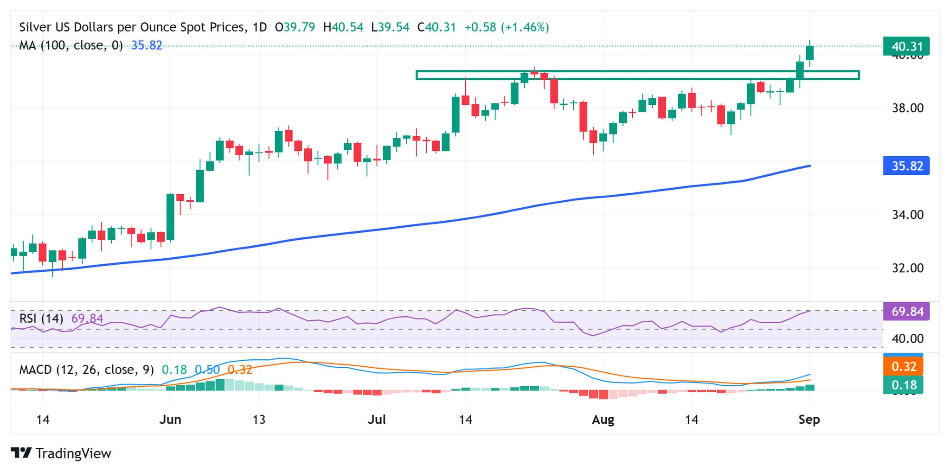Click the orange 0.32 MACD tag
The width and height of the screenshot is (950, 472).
(x=903, y=367)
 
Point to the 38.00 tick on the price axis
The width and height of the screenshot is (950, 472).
(x=907, y=108)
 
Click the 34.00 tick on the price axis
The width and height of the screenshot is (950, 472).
(x=907, y=215)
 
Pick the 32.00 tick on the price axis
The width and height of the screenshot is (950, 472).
(x=907, y=268)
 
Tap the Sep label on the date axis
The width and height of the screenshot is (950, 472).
(x=809, y=420)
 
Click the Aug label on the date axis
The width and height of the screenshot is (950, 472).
(x=603, y=420)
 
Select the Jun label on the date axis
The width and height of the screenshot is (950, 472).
(x=170, y=420)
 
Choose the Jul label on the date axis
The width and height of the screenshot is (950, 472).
(x=377, y=420)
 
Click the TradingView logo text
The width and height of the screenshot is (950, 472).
(x=73, y=453)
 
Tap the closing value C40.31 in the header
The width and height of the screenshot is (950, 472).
(x=436, y=27)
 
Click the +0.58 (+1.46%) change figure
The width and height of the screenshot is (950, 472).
(x=507, y=27)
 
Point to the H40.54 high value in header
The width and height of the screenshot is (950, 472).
(x=343, y=27)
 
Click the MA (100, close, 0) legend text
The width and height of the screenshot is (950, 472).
(x=71, y=45)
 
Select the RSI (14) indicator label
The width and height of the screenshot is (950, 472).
(x=41, y=319)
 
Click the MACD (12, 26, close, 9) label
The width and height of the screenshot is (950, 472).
(x=86, y=370)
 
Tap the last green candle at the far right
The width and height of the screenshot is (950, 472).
(x=810, y=53)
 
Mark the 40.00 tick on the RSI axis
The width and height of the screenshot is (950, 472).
(x=907, y=338)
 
